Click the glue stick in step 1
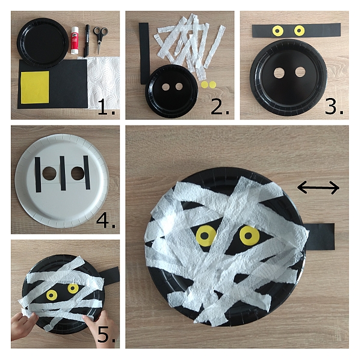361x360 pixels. click(75, 40)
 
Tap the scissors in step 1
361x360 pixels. click(100, 39)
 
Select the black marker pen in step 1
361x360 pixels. click(87, 41)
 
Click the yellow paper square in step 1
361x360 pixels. click(35, 87)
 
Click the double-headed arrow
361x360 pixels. click(318, 188)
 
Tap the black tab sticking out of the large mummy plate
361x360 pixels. click(321, 236)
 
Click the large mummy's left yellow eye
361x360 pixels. click(206, 236)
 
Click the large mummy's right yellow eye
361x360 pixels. click(249, 236)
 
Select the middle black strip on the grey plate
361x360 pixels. click(63, 173)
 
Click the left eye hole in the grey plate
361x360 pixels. click(49, 174)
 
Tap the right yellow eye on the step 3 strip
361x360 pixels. click(299, 31)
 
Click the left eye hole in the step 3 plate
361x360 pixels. click(279, 73)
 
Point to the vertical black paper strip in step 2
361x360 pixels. click(144, 53)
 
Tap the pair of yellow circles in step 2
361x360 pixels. click(208, 84)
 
